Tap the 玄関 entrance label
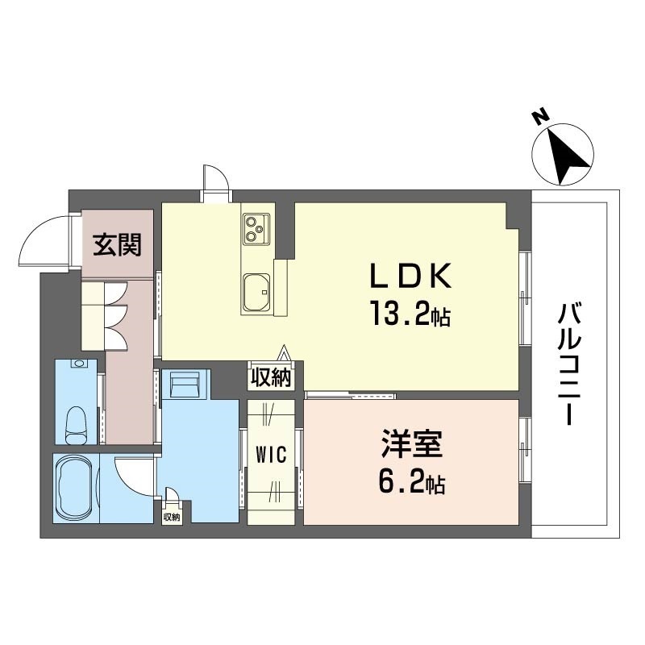[117, 243]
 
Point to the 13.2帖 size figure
[409, 313]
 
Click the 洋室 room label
[411, 447]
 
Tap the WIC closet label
[272, 456]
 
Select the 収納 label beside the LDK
[270, 377]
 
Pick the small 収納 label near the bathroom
[171, 517]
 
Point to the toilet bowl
[77, 420]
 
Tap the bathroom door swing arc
[132, 478]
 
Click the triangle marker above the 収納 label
[284, 353]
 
